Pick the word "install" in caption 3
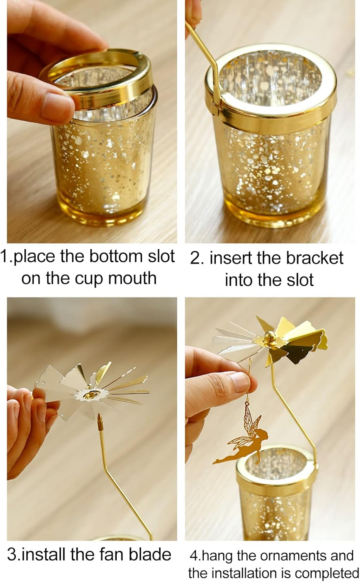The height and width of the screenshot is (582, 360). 43,554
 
